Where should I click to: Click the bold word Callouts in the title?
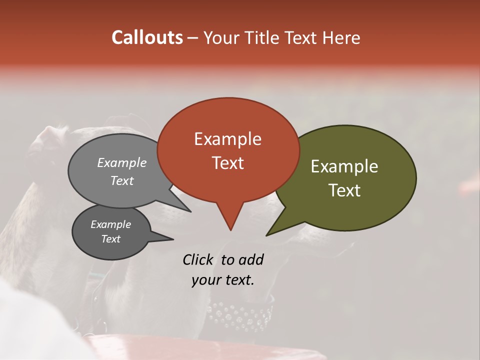pyautogui.click(x=147, y=37)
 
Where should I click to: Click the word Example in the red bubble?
pyautogui.click(x=227, y=139)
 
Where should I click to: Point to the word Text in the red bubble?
pyautogui.click(x=227, y=162)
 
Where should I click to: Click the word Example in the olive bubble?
pyautogui.click(x=344, y=166)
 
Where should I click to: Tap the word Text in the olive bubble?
pyautogui.click(x=344, y=190)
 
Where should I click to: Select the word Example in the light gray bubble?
pyautogui.click(x=122, y=162)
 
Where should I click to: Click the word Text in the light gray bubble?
pyautogui.click(x=122, y=180)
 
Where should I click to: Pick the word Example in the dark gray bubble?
pyautogui.click(x=110, y=224)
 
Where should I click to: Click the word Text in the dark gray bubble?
pyautogui.click(x=110, y=239)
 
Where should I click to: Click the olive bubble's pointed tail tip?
pyautogui.click(x=267, y=235)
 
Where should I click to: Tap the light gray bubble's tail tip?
pyautogui.click(x=190, y=211)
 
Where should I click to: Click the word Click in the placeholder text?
pyautogui.click(x=199, y=259)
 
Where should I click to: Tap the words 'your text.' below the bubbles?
pyautogui.click(x=223, y=280)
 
